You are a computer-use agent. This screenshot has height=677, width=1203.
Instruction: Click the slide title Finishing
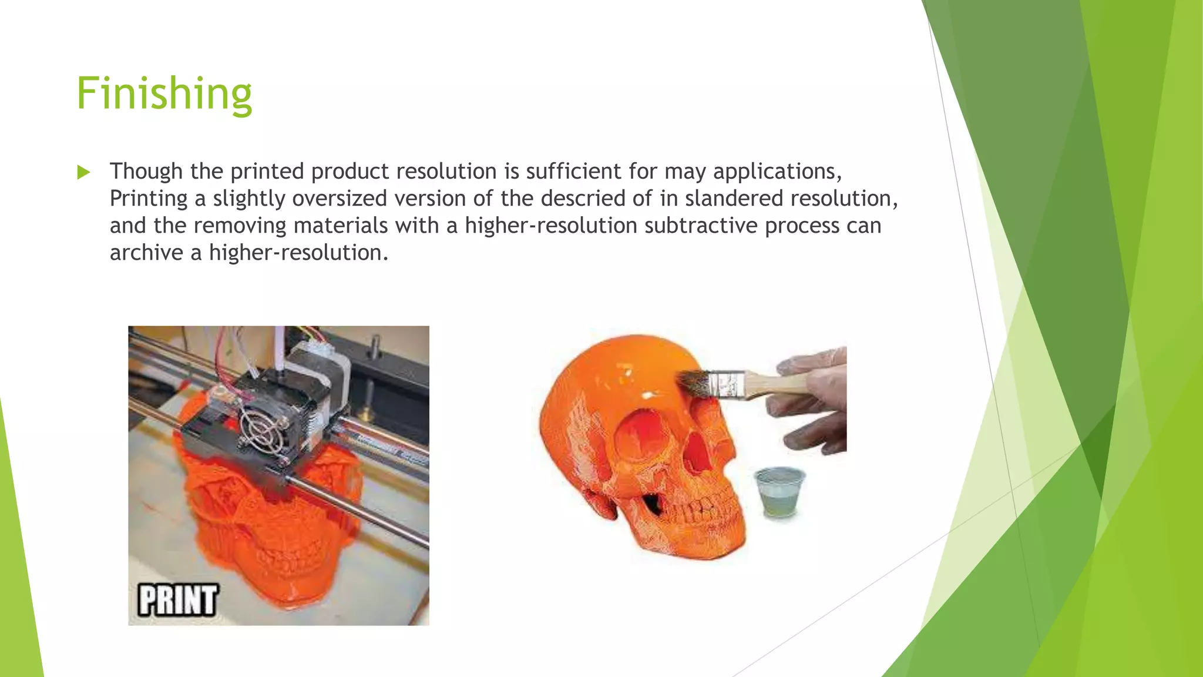pos(164,93)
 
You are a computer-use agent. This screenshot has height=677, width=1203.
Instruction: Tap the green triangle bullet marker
pos(83,172)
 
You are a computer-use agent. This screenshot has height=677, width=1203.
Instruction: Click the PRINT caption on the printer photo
pos(177,600)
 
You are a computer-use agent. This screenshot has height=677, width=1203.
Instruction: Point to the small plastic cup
pos(779,492)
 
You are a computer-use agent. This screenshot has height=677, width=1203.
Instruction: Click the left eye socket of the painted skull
pos(637,437)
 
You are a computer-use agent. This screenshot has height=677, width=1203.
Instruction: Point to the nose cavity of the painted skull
pos(697,453)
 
